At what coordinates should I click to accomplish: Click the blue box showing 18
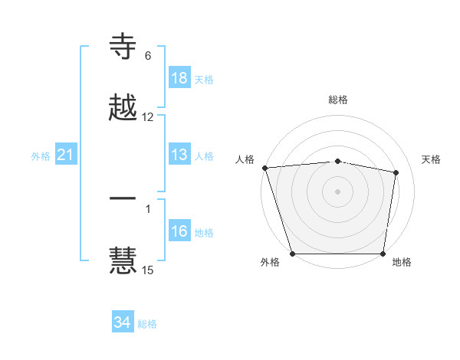179,78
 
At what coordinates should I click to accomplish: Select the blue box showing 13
179,155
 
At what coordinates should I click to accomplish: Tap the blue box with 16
179,232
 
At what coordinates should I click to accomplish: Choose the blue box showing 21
66,155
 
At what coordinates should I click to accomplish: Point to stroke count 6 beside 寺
148,56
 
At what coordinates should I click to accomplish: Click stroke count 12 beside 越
148,117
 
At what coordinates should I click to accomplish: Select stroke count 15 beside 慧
148,270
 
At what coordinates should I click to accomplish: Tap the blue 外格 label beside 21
41,156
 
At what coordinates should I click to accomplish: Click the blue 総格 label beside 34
147,324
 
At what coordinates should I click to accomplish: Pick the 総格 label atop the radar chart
338,100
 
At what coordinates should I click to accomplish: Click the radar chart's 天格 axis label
432,159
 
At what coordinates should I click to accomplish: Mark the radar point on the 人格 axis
264,168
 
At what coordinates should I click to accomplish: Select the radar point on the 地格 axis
383,254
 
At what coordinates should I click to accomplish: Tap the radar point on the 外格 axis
293,254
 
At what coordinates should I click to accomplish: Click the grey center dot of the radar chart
338,191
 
